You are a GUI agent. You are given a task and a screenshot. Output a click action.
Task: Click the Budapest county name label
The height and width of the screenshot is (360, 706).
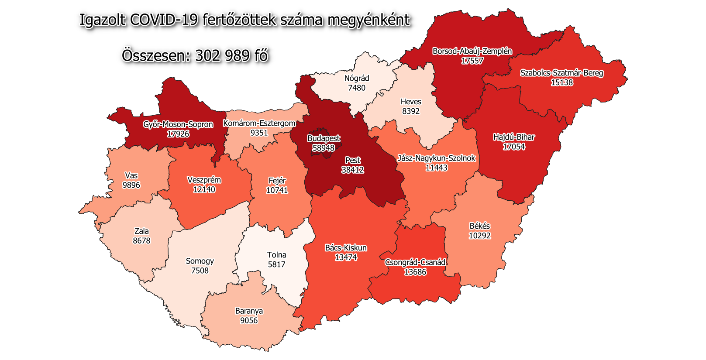[324, 138]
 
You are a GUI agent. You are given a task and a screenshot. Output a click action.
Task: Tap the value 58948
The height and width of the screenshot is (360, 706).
[324, 148]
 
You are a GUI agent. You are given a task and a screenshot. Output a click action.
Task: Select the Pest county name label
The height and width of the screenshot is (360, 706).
[353, 160]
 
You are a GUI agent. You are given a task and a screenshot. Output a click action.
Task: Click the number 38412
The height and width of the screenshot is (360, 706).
[353, 170]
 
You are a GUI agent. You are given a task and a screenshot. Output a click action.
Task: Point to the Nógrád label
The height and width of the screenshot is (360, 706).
[357, 78]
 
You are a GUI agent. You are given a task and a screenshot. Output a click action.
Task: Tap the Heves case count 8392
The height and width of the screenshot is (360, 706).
[411, 111]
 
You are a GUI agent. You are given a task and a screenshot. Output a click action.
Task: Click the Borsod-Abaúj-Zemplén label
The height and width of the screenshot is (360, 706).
[472, 51]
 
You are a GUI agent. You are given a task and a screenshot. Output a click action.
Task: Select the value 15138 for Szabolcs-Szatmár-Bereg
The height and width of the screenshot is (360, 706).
[561, 82]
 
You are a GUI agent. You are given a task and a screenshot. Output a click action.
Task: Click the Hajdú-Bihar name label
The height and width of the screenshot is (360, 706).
[514, 137]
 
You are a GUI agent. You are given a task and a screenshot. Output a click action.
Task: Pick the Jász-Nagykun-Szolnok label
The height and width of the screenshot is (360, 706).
[436, 158]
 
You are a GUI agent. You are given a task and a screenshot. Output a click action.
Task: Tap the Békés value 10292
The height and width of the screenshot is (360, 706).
[479, 236]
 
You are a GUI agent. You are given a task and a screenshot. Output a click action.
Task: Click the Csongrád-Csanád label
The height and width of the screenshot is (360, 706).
[415, 262]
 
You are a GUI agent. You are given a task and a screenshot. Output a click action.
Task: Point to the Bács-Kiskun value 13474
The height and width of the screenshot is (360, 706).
[346, 257]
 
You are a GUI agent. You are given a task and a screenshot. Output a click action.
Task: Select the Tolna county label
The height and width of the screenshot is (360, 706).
[276, 255]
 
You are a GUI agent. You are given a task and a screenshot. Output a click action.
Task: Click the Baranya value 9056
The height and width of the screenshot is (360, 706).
[249, 321]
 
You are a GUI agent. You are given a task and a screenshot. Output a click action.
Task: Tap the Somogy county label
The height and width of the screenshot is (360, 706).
[200, 261]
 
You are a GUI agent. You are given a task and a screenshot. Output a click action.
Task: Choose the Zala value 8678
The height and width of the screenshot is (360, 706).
[141, 241]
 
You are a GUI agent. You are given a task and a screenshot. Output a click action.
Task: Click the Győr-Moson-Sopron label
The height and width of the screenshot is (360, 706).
[178, 124]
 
